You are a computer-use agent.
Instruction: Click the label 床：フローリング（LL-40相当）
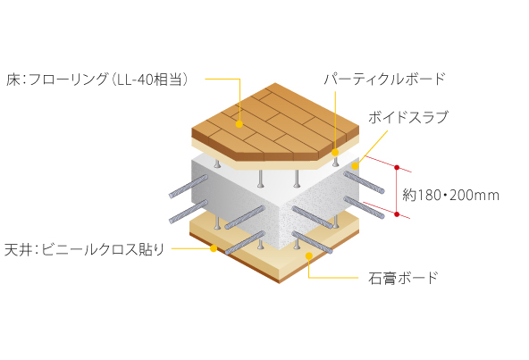coord(97,80)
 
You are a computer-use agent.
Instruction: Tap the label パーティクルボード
coord(384,79)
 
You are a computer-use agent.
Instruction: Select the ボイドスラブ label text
coord(407,117)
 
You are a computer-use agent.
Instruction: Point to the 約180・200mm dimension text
coord(450,195)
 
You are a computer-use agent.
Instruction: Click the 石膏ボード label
coord(403,278)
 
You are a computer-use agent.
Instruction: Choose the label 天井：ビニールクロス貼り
coord(84,249)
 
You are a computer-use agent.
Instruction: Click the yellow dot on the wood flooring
coord(239,124)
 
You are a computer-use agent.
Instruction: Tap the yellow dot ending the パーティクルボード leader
coord(335,153)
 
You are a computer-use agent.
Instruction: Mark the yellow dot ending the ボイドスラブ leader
coord(355,165)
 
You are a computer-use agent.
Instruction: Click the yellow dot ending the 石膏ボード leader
coord(309,255)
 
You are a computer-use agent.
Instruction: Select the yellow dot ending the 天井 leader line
coord(214,248)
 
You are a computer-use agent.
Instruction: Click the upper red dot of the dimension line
coord(397,167)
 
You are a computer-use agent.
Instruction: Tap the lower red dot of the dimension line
coord(397,214)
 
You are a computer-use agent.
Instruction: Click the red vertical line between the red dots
coord(397,190)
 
